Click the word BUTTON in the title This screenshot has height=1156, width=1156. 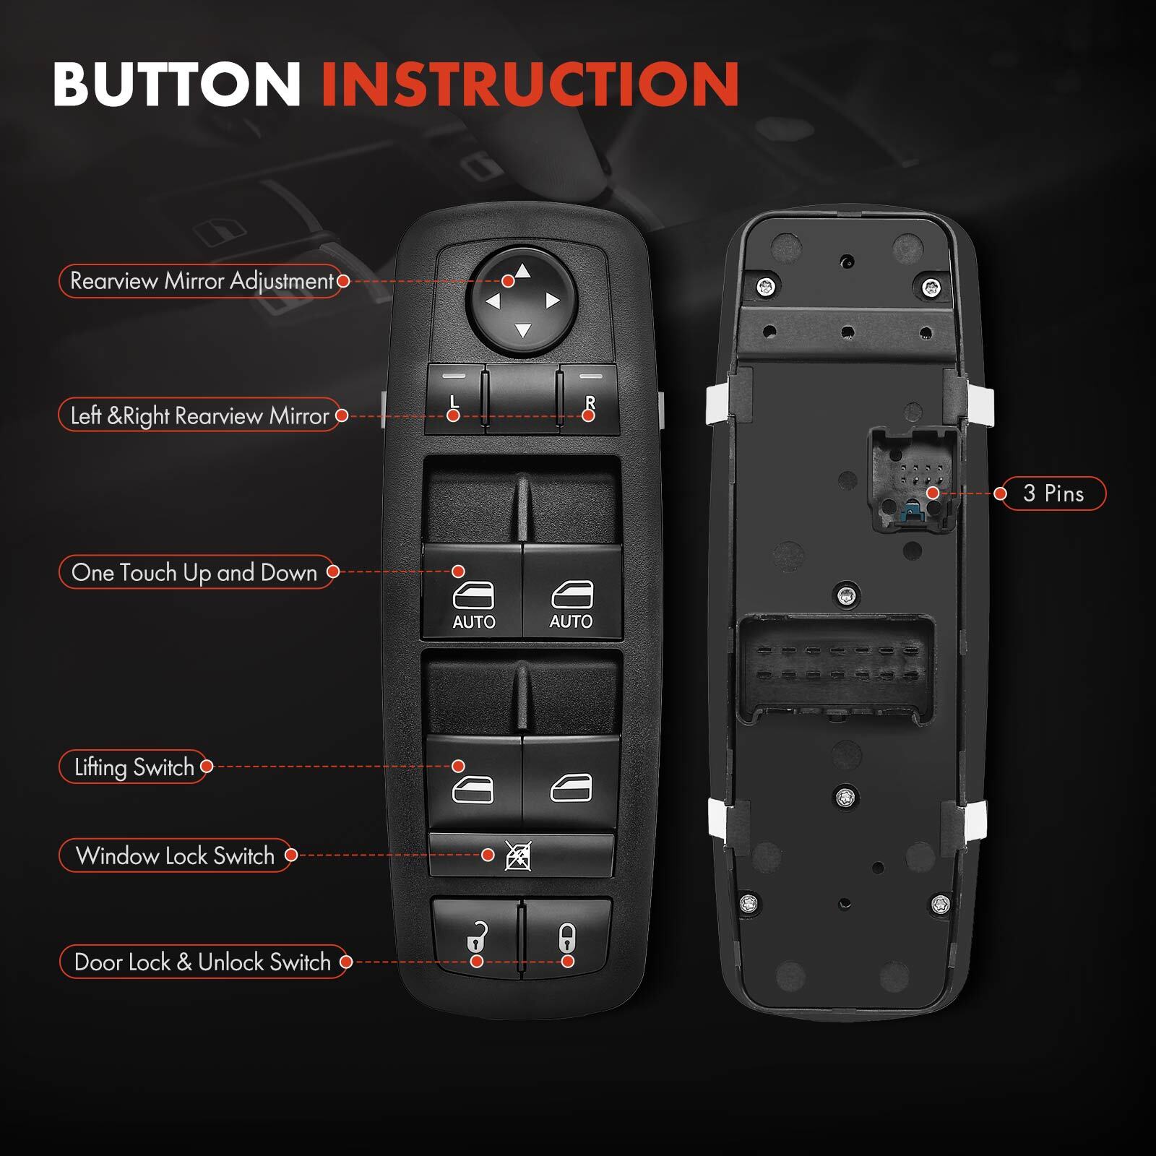[176, 85]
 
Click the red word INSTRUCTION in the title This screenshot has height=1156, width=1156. [530, 85]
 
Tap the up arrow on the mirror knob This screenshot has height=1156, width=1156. [523, 272]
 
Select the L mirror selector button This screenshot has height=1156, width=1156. [454, 399]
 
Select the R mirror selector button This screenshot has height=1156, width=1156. [590, 399]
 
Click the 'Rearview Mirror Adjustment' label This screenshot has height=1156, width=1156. [202, 281]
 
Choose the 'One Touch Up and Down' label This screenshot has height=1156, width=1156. [194, 572]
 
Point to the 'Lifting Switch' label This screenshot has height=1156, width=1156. [134, 767]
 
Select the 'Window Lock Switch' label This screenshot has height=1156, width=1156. [176, 855]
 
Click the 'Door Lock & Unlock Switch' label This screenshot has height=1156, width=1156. [202, 962]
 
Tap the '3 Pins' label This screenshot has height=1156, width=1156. [1053, 493]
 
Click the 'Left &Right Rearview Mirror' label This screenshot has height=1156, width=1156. [199, 415]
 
